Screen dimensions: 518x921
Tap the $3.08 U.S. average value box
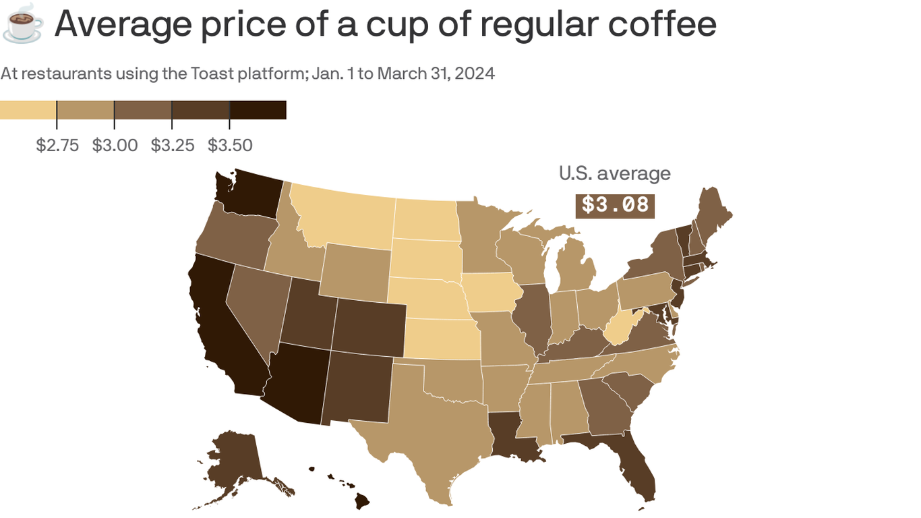click(615, 205)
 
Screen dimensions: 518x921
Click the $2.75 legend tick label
click(57, 145)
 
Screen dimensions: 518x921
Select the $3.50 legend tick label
click(230, 145)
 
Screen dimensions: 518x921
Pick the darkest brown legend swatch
click(258, 110)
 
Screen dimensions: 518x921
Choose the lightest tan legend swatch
click(28, 110)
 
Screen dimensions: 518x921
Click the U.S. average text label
click(614, 173)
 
